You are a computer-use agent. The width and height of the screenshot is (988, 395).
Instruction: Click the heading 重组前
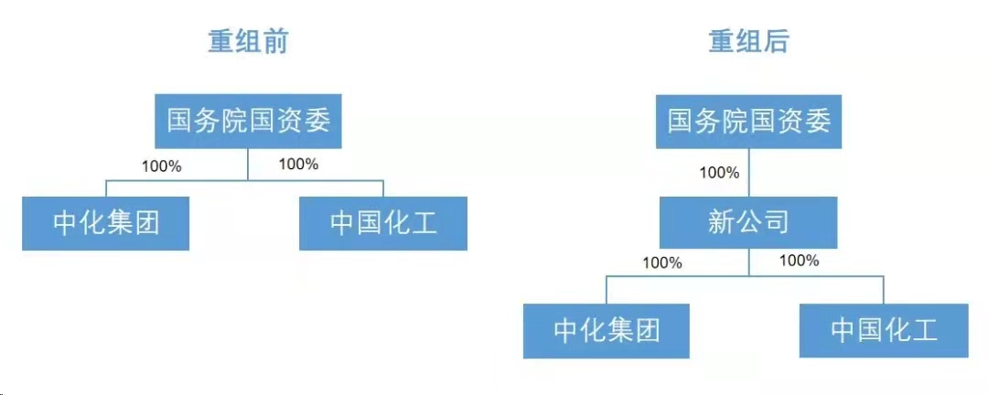[x=248, y=41]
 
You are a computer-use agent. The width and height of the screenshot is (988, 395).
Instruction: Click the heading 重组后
[x=748, y=41]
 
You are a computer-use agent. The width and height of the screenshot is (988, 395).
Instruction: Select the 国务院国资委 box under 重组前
[x=248, y=122]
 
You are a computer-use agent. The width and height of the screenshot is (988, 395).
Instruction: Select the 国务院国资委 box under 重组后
[x=748, y=122]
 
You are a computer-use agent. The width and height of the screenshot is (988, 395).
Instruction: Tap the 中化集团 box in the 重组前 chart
[x=106, y=224]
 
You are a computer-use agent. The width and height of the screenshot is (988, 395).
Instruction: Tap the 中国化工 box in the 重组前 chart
[x=383, y=224]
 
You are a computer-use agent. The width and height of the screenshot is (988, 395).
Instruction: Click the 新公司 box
[x=748, y=222]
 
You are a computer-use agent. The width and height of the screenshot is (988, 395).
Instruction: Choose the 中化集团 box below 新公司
[x=607, y=330]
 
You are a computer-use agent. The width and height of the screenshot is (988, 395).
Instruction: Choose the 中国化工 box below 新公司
[x=884, y=330]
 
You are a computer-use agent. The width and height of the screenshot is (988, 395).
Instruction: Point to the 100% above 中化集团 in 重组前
[x=162, y=166]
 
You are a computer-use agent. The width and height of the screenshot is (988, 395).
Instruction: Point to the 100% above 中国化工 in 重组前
[x=298, y=165]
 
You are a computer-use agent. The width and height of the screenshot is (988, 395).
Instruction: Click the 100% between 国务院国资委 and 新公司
[x=719, y=172]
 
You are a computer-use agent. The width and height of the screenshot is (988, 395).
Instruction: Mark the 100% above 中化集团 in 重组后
[x=662, y=262]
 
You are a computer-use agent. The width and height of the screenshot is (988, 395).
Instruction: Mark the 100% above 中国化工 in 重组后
[x=799, y=261]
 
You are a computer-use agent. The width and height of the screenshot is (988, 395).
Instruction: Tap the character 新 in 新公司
[x=722, y=222]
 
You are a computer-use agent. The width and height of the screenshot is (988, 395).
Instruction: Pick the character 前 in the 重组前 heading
[x=274, y=41]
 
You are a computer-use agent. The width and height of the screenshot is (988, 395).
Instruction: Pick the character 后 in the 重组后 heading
[x=775, y=41]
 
